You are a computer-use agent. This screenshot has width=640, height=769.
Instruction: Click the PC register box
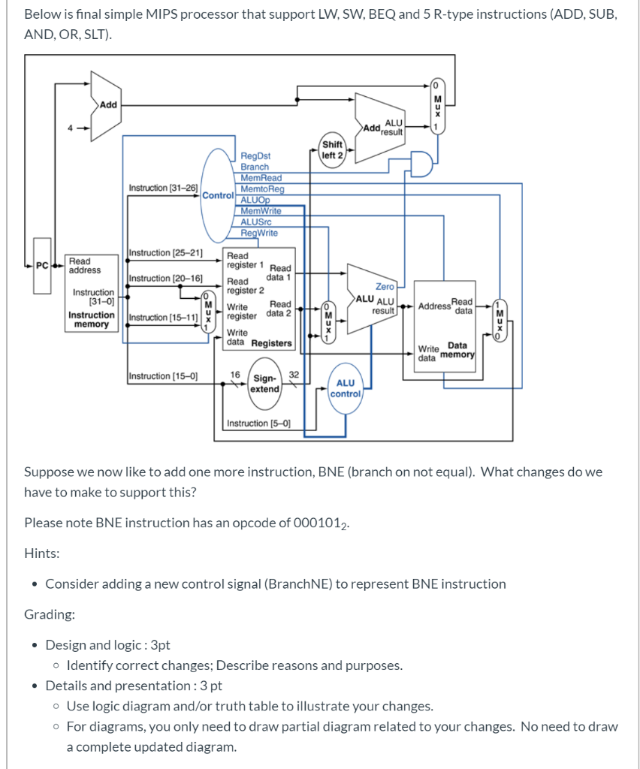tap(42, 264)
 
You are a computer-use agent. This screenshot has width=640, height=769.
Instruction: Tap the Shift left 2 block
tap(331, 149)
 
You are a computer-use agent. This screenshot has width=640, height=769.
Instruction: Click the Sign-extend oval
tap(264, 384)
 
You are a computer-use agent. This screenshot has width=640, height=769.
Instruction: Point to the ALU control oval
tap(346, 388)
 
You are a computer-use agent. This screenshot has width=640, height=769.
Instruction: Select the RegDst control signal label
tap(255, 156)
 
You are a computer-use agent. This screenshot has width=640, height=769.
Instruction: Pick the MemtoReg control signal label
tap(262, 189)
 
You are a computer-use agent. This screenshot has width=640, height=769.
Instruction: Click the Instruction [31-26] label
tap(163, 187)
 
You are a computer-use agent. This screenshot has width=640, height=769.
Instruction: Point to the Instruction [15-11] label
tap(163, 318)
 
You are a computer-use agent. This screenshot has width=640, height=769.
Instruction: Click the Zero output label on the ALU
tap(385, 286)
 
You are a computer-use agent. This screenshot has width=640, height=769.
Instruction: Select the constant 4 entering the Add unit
tap(71, 128)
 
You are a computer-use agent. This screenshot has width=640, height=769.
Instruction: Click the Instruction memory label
tap(91, 320)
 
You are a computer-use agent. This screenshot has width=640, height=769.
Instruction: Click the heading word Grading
tap(49, 614)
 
